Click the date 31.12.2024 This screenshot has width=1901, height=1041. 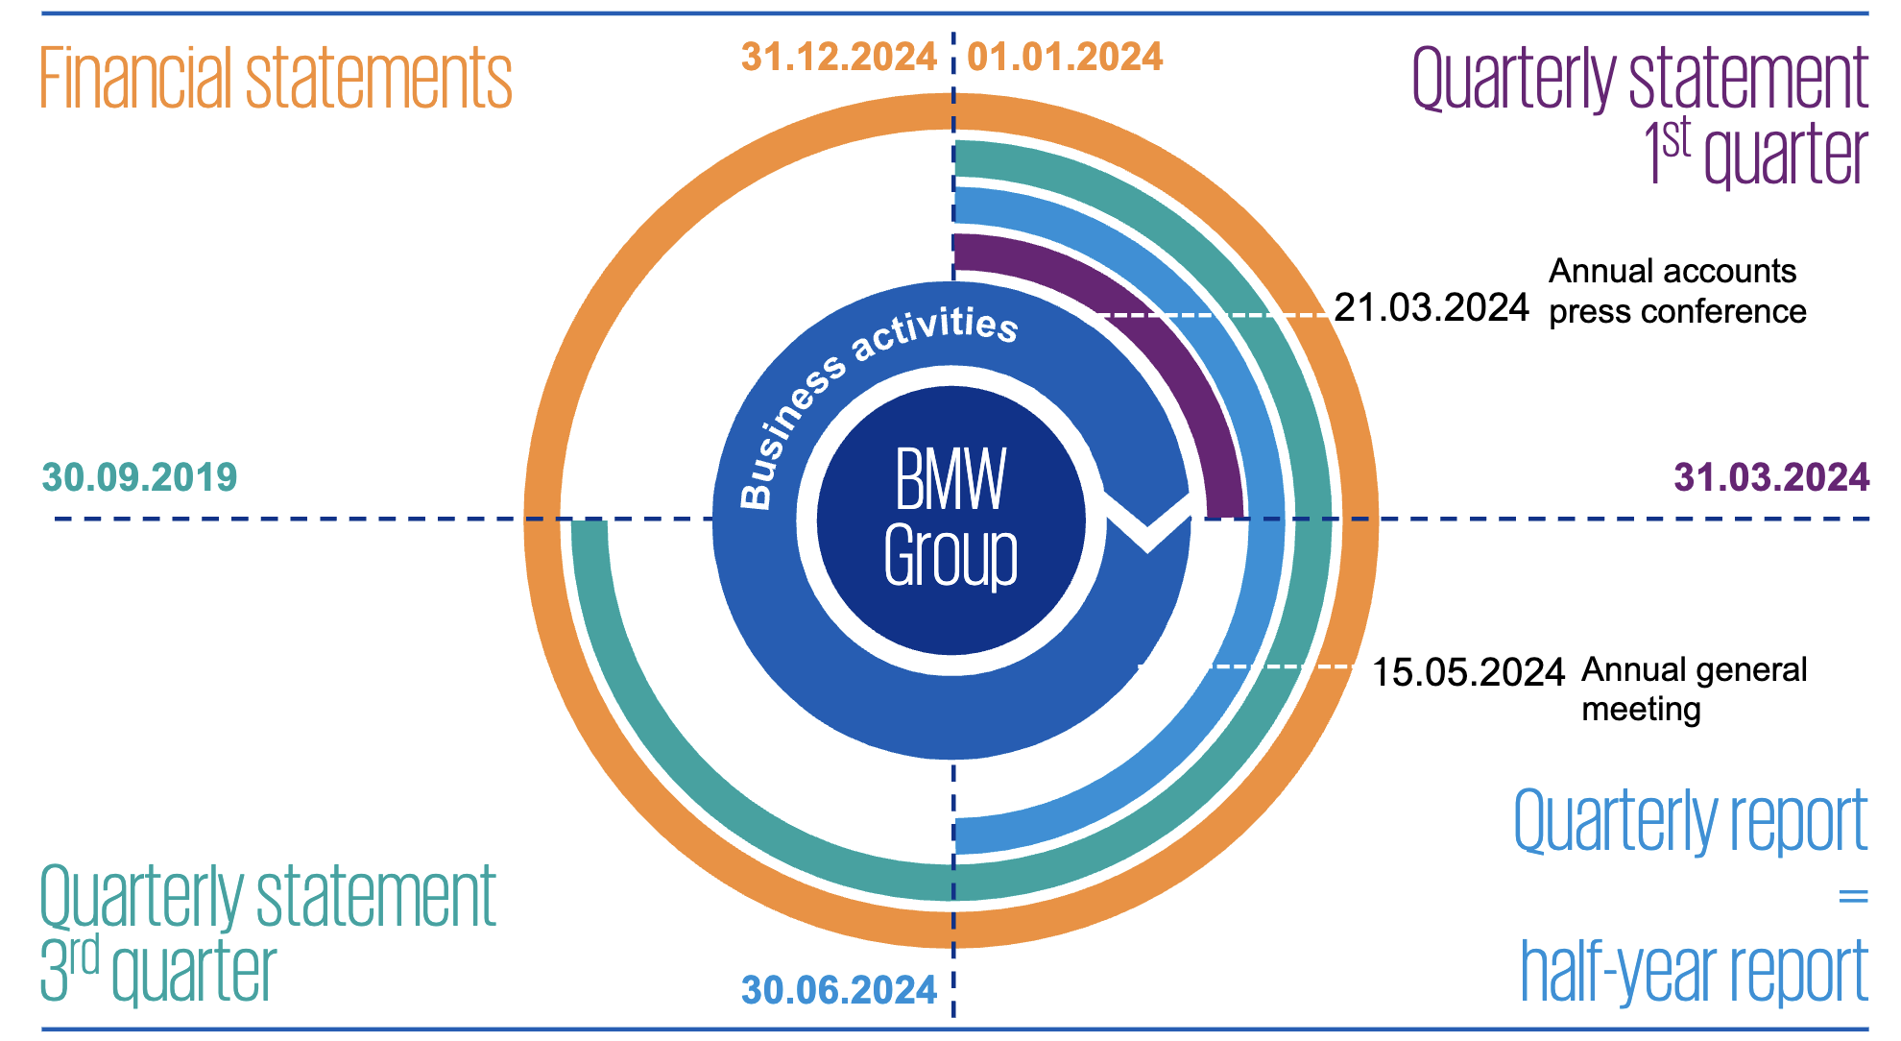pyautogui.click(x=838, y=58)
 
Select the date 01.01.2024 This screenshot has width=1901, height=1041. pyautogui.click(x=1065, y=58)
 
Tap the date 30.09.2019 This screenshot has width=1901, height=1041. pyautogui.click(x=140, y=477)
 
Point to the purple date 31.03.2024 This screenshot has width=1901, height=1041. pyautogui.click(x=1771, y=477)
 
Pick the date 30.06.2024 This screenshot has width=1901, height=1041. pyautogui.click(x=839, y=990)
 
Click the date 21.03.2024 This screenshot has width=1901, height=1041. pyautogui.click(x=1432, y=307)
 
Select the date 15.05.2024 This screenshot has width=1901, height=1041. pyautogui.click(x=1468, y=672)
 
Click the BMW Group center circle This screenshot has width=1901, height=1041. pyautogui.click(x=950, y=519)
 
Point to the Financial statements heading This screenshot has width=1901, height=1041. pyautogui.click(x=276, y=79)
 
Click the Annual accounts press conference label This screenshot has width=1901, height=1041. pyautogui.click(x=1676, y=291)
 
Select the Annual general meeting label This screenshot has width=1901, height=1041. pyautogui.click(x=1694, y=689)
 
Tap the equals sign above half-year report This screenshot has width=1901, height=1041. pyautogui.click(x=1852, y=897)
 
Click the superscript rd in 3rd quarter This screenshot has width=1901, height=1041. pyautogui.click(x=84, y=956)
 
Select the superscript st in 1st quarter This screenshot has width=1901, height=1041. pyautogui.click(x=1676, y=140)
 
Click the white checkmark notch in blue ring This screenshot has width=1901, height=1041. pyautogui.click(x=1148, y=523)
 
